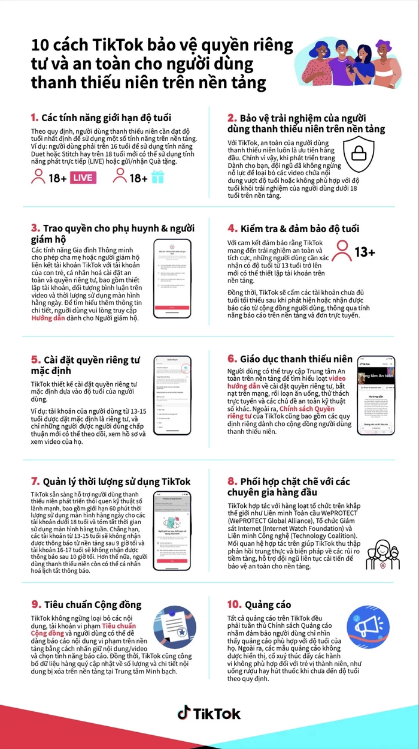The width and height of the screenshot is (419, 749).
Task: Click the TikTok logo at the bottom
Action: [x=209, y=713]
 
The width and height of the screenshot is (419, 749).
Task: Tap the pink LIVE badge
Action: [x=83, y=178]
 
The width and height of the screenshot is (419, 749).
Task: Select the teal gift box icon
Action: [x=157, y=177]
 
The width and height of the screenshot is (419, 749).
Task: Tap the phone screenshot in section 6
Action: [x=375, y=395]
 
